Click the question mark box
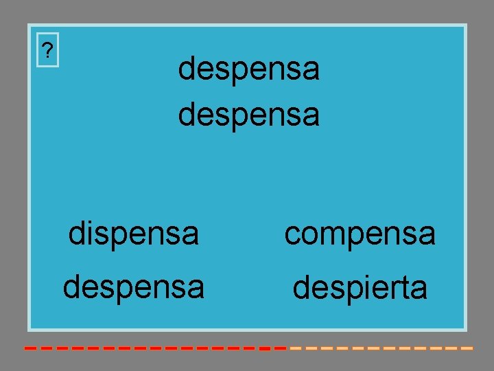click(x=47, y=50)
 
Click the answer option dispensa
click(x=133, y=234)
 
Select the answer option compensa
click(x=360, y=234)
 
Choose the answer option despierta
click(x=360, y=288)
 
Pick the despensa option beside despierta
click(x=133, y=287)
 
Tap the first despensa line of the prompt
click(x=248, y=69)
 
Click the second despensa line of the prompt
click(x=248, y=115)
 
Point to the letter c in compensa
click(x=293, y=235)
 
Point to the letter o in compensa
click(x=310, y=235)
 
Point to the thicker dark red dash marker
click(x=264, y=349)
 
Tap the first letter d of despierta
click(x=301, y=288)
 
